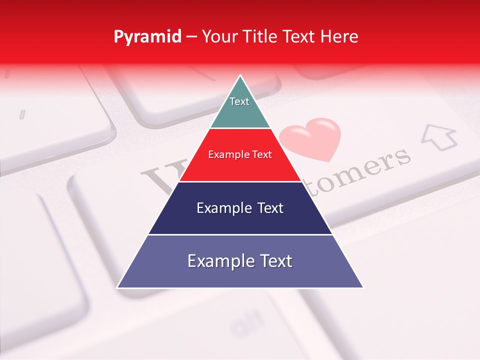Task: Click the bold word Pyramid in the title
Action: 147,37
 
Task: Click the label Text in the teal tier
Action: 239,101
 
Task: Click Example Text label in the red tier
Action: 240,154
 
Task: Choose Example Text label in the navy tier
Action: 240,208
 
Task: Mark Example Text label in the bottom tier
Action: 240,261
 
